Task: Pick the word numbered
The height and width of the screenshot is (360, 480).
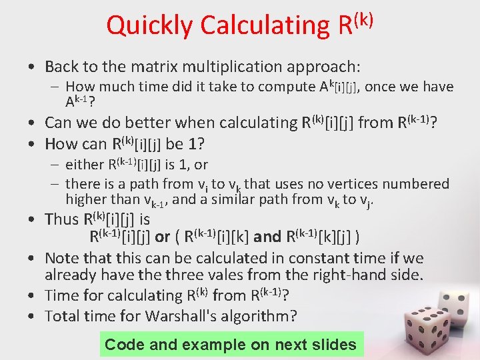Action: pos(413,183)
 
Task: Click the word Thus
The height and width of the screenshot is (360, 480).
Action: pos(61,219)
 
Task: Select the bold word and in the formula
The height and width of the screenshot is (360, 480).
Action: pos(267,236)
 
